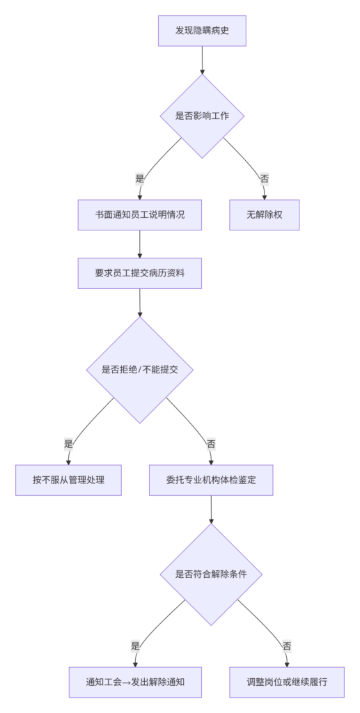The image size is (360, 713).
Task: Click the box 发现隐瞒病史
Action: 202,31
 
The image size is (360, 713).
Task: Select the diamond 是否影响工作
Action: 202,116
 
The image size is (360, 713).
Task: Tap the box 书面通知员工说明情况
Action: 139,215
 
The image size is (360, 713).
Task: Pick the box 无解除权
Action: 264,215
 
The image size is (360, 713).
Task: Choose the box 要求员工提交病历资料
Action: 139,273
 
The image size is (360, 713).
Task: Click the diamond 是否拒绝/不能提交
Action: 140,370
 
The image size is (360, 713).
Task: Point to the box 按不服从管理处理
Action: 69,480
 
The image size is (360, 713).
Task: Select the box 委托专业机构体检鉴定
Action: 211,480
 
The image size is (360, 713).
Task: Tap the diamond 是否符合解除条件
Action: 211,574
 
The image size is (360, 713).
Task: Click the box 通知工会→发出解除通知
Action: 135,682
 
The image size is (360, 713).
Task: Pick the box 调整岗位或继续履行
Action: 287,682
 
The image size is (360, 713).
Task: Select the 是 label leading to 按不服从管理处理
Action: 69,444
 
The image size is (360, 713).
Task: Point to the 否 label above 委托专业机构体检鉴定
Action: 211,444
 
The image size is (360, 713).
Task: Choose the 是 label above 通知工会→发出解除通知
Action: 135,645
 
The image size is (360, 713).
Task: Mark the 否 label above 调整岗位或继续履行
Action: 287,645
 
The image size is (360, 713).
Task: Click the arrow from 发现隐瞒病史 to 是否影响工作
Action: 202,60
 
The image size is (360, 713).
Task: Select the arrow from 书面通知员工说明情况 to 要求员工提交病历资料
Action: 139,244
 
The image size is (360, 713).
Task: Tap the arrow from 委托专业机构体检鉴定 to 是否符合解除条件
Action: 211,510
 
